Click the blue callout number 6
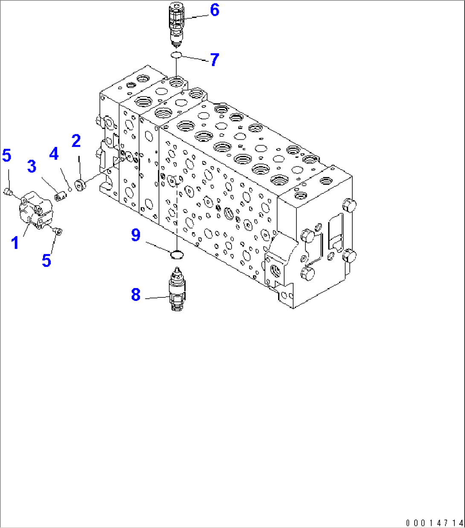coord(215,10)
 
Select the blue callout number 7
coord(214,60)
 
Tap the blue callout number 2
coord(76,141)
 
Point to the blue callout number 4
coord(54,154)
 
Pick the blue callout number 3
coord(32,167)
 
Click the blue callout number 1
coord(15,243)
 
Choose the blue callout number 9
coord(136,235)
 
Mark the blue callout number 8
coord(136,294)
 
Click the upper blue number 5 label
coord(7,156)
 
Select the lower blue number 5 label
coord(46,260)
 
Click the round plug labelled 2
coord(80,185)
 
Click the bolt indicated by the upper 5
coord(8,192)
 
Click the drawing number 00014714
coord(433,522)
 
